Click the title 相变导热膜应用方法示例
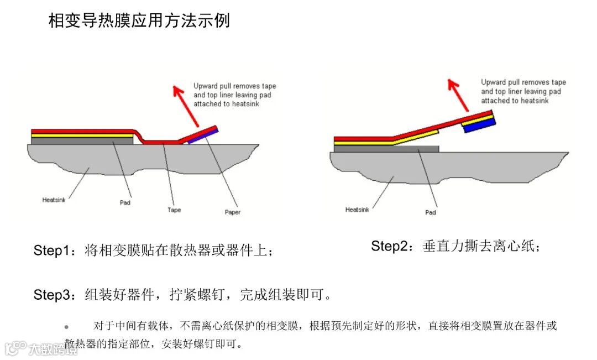click(x=139, y=21)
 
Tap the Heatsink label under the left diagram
click(x=54, y=200)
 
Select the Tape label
click(x=174, y=210)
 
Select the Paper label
click(x=233, y=212)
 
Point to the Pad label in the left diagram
click(x=125, y=202)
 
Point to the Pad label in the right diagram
click(x=431, y=212)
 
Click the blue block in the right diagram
click(x=478, y=127)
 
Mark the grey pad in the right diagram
click(x=386, y=149)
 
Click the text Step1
click(x=53, y=250)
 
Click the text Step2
click(x=390, y=246)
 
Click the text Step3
click(x=53, y=295)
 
